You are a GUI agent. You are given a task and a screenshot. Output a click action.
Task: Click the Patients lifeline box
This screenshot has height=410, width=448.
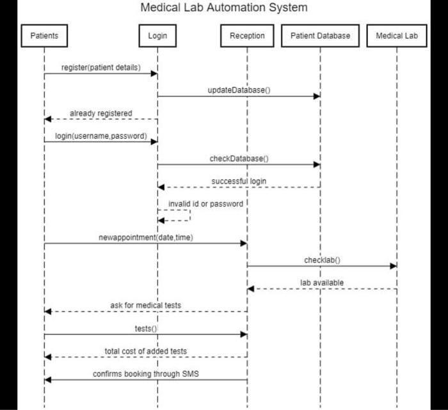coord(44,36)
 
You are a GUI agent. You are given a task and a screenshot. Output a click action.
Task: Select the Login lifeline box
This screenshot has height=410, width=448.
coord(157,36)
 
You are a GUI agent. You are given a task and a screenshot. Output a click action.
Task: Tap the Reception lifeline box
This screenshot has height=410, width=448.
coord(247,36)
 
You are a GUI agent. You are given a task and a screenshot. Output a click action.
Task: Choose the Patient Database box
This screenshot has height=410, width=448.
coord(320,36)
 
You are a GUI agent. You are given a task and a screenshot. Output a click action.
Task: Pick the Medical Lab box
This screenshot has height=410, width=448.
coord(397,36)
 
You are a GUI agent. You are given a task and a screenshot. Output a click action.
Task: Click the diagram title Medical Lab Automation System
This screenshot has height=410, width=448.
coord(224,8)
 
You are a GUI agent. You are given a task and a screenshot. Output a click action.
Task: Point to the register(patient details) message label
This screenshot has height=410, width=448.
coord(100,67)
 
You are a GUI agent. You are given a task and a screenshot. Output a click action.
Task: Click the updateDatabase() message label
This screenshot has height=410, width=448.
coord(239,90)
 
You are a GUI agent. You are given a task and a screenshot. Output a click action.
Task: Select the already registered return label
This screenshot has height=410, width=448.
coord(101,113)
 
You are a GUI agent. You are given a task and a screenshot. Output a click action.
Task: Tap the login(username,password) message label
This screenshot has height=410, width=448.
coord(101,136)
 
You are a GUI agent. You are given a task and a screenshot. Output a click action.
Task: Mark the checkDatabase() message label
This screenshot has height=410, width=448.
coord(239,159)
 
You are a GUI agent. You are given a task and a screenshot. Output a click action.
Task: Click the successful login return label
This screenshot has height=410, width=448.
coord(239,182)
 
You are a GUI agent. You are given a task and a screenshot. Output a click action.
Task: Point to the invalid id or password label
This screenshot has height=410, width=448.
coord(205,204)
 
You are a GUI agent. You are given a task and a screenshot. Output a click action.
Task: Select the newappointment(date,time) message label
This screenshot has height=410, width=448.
coord(145,237)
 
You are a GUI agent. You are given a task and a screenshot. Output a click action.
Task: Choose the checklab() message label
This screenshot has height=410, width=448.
coord(322,260)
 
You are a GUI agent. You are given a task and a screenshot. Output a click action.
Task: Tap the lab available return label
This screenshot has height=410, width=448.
coord(322,283)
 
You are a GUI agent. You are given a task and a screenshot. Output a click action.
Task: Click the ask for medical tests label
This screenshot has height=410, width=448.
coord(145,306)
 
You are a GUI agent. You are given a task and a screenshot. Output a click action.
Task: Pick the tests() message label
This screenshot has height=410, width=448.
coord(145,329)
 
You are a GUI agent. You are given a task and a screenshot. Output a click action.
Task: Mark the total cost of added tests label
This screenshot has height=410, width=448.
coord(146,351)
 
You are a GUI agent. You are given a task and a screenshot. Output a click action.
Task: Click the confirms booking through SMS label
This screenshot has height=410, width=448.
coord(146,374)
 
